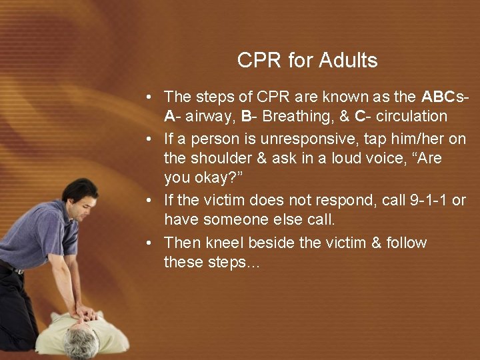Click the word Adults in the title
348,61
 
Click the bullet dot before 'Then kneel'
152,243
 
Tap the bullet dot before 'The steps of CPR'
152,97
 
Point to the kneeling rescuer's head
78,197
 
